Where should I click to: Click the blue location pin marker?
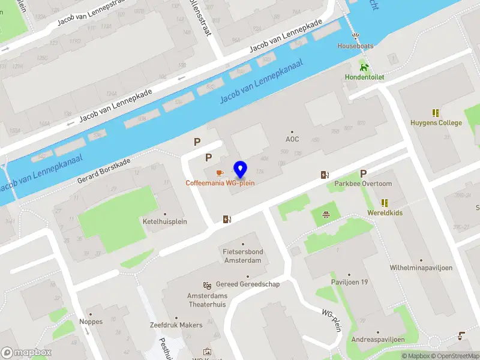click(x=241, y=170)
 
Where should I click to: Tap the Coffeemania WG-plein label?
click(x=220, y=182)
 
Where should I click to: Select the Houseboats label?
click(x=355, y=46)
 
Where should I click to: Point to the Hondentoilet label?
click(x=364, y=77)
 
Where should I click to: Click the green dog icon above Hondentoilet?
click(x=364, y=66)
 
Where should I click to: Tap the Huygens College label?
click(x=436, y=123)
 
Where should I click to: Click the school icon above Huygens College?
click(x=436, y=113)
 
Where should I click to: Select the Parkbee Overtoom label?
click(x=363, y=184)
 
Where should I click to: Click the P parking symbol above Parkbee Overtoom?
click(x=363, y=173)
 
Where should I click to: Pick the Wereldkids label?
click(x=385, y=213)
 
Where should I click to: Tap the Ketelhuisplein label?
click(x=165, y=221)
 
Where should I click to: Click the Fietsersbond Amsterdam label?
click(x=242, y=256)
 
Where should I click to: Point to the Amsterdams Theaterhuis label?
click(x=208, y=301)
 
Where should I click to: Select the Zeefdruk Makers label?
click(x=176, y=325)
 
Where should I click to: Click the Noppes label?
click(x=91, y=322)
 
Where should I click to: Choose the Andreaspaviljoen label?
click(x=377, y=339)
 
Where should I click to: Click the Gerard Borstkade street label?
click(x=104, y=172)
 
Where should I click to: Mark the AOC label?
click(x=292, y=139)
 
